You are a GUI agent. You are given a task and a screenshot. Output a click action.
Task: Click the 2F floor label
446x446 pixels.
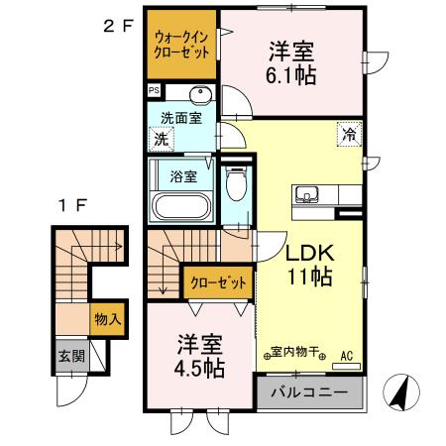(x=118, y=27)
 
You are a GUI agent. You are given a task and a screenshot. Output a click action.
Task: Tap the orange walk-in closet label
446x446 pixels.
(x=179, y=45)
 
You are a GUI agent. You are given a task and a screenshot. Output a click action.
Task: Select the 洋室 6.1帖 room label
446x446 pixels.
(x=291, y=62)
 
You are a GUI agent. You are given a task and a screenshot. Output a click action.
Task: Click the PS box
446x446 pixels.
(x=154, y=91)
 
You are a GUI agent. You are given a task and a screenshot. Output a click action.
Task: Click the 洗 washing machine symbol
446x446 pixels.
(x=161, y=139)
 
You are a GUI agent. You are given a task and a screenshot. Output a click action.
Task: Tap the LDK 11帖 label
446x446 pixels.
(x=312, y=265)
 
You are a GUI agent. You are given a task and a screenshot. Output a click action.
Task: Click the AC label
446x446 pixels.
(x=347, y=354)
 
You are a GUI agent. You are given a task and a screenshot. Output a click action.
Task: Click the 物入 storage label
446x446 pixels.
(x=106, y=319)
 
